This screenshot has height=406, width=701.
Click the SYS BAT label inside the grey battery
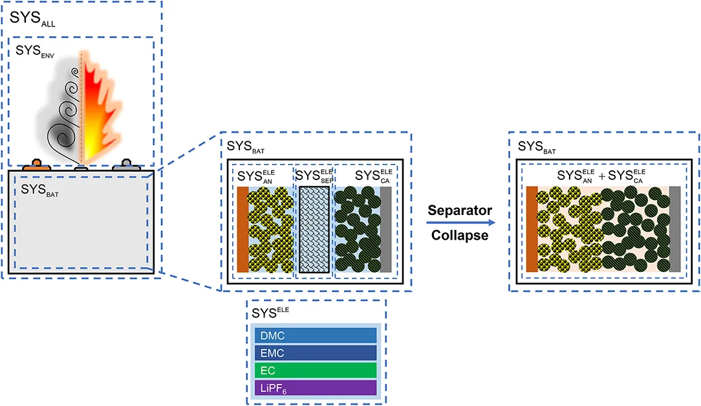(x=39, y=190)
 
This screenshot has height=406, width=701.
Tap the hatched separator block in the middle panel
(x=314, y=230)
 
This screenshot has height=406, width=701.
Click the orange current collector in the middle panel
(x=243, y=230)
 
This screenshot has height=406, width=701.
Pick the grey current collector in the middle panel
(x=385, y=230)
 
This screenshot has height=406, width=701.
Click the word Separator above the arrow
(x=460, y=210)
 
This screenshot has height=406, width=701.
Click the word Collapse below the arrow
(x=460, y=235)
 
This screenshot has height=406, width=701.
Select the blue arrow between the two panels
(x=460, y=223)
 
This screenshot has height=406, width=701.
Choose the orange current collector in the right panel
(x=532, y=229)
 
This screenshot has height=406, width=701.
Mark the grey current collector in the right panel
(x=674, y=229)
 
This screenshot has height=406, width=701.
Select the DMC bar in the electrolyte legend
(x=315, y=335)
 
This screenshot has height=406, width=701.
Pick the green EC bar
(x=315, y=370)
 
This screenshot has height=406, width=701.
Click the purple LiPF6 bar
(x=315, y=387)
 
